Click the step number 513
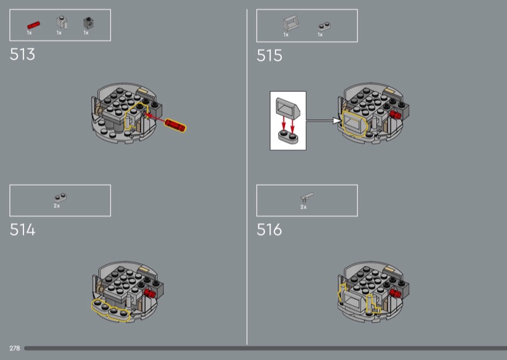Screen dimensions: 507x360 [22, 54]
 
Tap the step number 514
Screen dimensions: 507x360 [22, 229]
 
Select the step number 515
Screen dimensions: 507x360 [269, 55]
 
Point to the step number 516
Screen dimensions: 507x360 [269, 229]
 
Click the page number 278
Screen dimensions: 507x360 [15, 348]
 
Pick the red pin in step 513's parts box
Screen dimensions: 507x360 [34, 25]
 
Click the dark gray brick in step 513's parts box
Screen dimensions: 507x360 [89, 23]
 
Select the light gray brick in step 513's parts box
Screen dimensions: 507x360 [61, 23]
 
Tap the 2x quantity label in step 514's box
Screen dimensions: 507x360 [56, 206]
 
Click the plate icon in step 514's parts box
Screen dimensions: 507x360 [60, 197]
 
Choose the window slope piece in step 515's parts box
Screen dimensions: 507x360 [291, 23]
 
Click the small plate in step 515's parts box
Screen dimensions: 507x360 [324, 26]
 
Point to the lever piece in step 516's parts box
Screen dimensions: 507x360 [307, 196]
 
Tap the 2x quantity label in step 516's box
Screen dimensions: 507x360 [304, 207]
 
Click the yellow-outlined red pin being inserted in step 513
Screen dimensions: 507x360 [175, 125]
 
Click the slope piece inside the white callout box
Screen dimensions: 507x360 [288, 108]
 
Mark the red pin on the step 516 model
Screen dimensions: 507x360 [395, 293]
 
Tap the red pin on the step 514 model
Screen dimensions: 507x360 [150, 293]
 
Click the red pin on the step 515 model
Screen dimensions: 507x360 [395, 115]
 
